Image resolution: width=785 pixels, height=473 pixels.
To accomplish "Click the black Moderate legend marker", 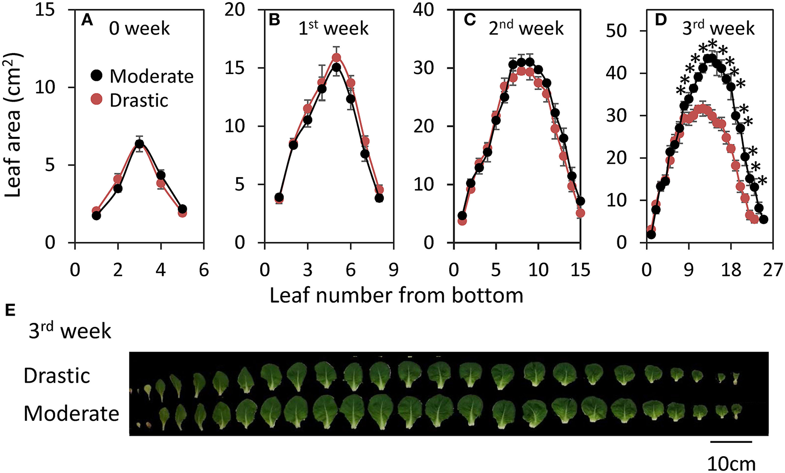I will click(x=97, y=76).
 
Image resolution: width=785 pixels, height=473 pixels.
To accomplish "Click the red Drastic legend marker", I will click(x=97, y=100).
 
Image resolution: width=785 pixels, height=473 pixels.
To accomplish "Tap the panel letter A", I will click(x=87, y=20).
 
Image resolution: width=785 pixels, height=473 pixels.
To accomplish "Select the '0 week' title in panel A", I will click(x=139, y=29).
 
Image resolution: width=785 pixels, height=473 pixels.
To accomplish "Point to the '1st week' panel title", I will click(x=333, y=28).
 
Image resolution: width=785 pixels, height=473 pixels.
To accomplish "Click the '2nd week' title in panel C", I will click(x=526, y=28).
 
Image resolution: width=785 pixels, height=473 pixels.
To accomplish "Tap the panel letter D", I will click(x=661, y=20).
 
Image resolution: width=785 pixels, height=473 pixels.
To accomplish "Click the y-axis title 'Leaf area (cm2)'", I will click(x=13, y=125).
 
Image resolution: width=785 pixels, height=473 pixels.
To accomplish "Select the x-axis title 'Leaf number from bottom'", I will click(x=396, y=296).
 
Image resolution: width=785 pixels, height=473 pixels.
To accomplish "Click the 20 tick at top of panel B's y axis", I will click(x=235, y=10).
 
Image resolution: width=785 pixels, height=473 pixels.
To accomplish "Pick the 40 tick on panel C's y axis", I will click(x=424, y=10).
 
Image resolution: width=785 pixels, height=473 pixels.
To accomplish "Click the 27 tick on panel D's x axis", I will click(x=772, y=270).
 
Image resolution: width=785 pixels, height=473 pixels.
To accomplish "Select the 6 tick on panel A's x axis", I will click(x=203, y=270).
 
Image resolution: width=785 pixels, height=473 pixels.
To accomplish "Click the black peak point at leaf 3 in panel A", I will click(x=140, y=144).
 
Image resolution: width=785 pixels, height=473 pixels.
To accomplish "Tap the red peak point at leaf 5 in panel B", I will click(x=336, y=58).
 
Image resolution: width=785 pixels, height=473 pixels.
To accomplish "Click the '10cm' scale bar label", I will click(x=731, y=463).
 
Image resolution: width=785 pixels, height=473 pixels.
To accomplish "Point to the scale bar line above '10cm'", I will click(x=731, y=441).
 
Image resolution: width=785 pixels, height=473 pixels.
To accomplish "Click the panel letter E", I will click(x=10, y=310).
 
